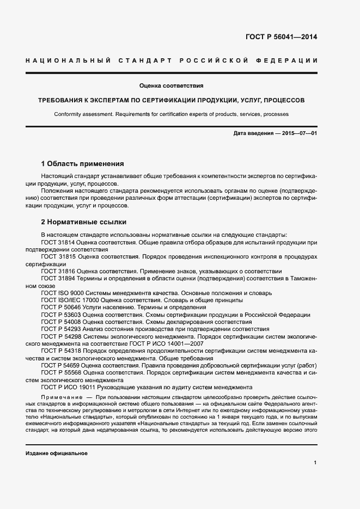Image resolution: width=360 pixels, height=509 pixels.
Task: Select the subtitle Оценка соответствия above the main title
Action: click(172, 85)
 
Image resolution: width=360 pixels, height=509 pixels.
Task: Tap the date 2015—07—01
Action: click(297, 133)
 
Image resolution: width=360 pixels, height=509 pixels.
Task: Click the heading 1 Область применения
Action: click(83, 163)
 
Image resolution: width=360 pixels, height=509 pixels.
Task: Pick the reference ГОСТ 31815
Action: click(58, 256)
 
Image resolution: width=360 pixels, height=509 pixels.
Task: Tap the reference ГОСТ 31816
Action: click(58, 271)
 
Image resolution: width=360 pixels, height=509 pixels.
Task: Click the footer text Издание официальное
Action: click(57, 453)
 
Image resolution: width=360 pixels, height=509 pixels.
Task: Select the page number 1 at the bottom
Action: click(315, 463)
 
